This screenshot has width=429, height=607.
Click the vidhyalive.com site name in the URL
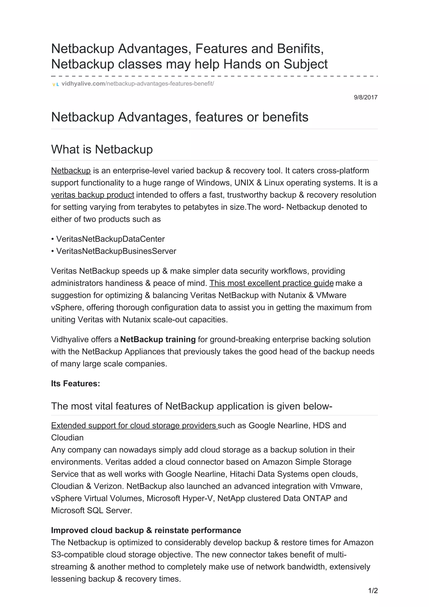tap(83, 84)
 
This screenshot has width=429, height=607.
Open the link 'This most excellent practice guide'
tap(271, 283)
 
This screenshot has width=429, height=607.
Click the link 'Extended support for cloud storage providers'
tap(134, 425)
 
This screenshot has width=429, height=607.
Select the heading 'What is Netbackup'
tap(102, 149)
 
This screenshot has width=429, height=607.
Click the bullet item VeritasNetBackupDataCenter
tap(110, 239)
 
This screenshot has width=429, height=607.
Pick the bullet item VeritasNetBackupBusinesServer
tap(116, 251)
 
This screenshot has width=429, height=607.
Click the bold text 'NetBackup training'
tap(158, 340)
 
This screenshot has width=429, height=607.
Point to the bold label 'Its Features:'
tap(76, 384)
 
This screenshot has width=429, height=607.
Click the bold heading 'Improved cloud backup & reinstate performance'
tap(146, 530)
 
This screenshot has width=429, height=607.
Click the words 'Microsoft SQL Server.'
tap(92, 510)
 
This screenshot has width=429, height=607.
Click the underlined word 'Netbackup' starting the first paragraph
tap(71, 171)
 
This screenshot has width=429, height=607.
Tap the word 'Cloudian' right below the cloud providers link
tap(67, 438)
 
